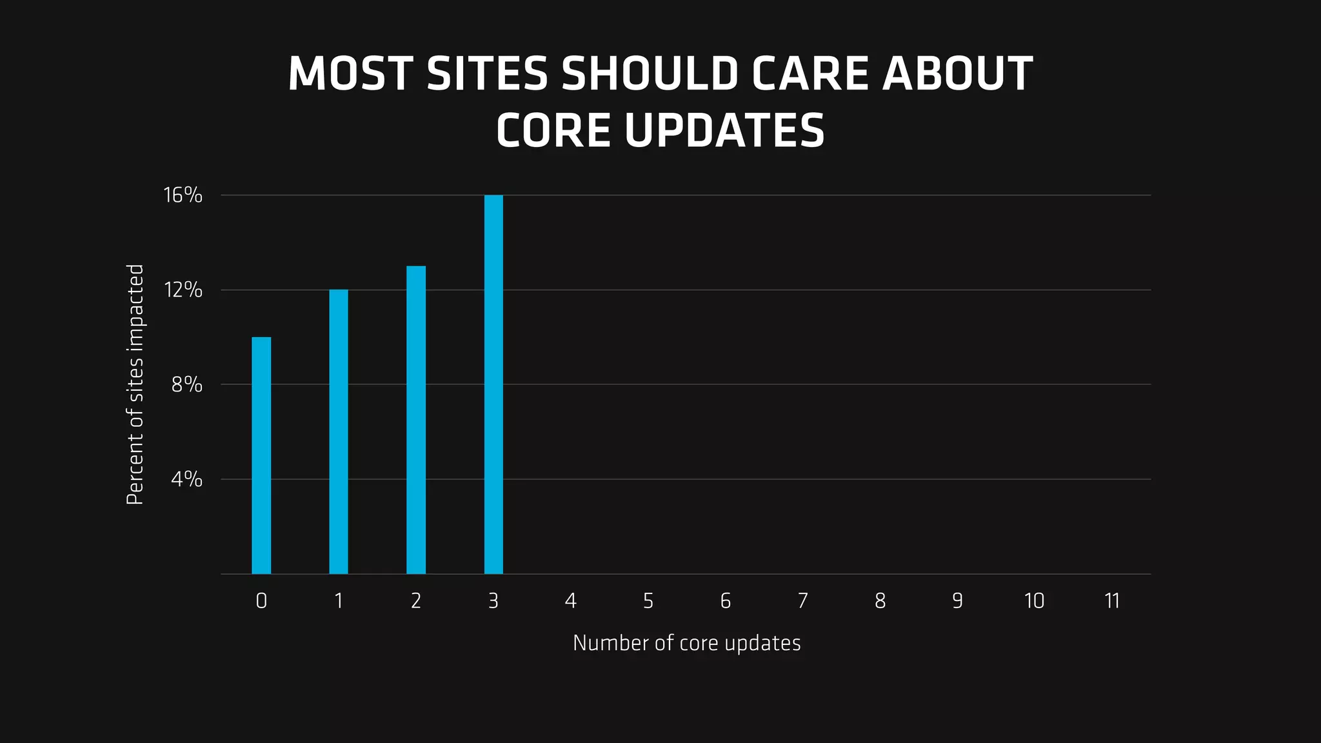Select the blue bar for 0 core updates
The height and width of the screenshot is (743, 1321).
(261, 455)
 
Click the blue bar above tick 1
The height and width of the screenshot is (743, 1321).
(339, 431)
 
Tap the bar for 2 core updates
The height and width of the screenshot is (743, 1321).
(416, 420)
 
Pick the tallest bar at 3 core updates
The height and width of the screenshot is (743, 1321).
(493, 384)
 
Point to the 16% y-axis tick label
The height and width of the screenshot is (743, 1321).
(183, 195)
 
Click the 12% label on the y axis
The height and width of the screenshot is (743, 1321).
(183, 290)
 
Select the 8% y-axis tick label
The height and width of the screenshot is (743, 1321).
(187, 385)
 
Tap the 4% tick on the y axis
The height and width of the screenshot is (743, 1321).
(187, 479)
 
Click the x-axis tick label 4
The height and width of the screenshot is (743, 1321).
(571, 601)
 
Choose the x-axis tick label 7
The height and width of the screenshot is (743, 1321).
(803, 601)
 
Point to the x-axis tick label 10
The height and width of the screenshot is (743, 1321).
(1035, 601)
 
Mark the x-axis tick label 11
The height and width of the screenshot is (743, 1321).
(1112, 601)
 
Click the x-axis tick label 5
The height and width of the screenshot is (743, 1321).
(648, 601)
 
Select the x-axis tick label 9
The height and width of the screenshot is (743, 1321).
(957, 601)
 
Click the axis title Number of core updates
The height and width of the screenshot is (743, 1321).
(686, 643)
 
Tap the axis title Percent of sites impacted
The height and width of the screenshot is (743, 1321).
(135, 384)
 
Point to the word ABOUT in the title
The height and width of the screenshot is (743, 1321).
(958, 74)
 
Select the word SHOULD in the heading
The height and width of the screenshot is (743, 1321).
(650, 74)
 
